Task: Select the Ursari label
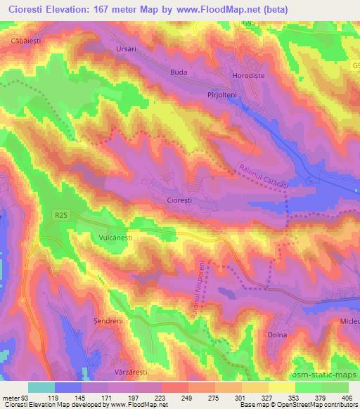click(x=128, y=50)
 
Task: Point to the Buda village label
click(x=181, y=72)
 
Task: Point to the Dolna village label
click(x=278, y=335)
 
